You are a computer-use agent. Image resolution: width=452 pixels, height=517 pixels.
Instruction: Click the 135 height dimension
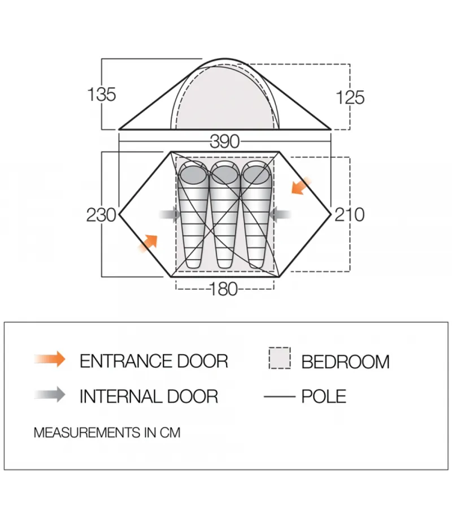(x=102, y=94)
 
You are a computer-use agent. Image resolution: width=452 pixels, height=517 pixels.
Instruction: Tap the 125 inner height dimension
(x=350, y=98)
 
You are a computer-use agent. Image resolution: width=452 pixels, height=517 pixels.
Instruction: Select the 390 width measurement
(x=225, y=141)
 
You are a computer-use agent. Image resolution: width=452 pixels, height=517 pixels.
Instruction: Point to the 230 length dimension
(x=101, y=214)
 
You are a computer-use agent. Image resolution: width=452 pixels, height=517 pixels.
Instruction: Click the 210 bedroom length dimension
(x=350, y=214)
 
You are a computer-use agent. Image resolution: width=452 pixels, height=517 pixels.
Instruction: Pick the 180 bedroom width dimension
(x=223, y=289)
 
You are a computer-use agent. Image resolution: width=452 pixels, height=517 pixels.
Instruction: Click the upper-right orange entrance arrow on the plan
(x=301, y=186)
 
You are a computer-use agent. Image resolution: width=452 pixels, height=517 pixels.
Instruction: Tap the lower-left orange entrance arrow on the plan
(x=148, y=243)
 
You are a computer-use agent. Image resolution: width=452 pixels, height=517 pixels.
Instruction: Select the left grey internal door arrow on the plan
(x=170, y=214)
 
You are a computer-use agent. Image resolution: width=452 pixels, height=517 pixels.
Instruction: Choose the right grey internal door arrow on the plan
(x=280, y=214)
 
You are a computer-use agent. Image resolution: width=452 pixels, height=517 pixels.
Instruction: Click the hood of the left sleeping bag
(x=193, y=173)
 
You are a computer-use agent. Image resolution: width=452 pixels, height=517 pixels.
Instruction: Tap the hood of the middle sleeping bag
(x=225, y=173)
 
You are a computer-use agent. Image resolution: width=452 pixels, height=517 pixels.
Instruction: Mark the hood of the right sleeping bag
(x=257, y=173)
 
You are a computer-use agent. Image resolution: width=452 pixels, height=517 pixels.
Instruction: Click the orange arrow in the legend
(x=50, y=359)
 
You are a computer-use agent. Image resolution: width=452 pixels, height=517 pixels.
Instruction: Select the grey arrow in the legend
(x=50, y=394)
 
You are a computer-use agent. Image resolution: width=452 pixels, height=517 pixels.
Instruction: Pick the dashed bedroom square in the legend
(x=280, y=357)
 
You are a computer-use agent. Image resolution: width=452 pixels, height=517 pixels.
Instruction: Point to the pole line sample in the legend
(x=280, y=397)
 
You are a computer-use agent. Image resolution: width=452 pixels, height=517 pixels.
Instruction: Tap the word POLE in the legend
(x=324, y=397)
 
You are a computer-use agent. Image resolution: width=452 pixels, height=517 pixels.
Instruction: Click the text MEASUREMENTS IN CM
(x=107, y=433)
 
